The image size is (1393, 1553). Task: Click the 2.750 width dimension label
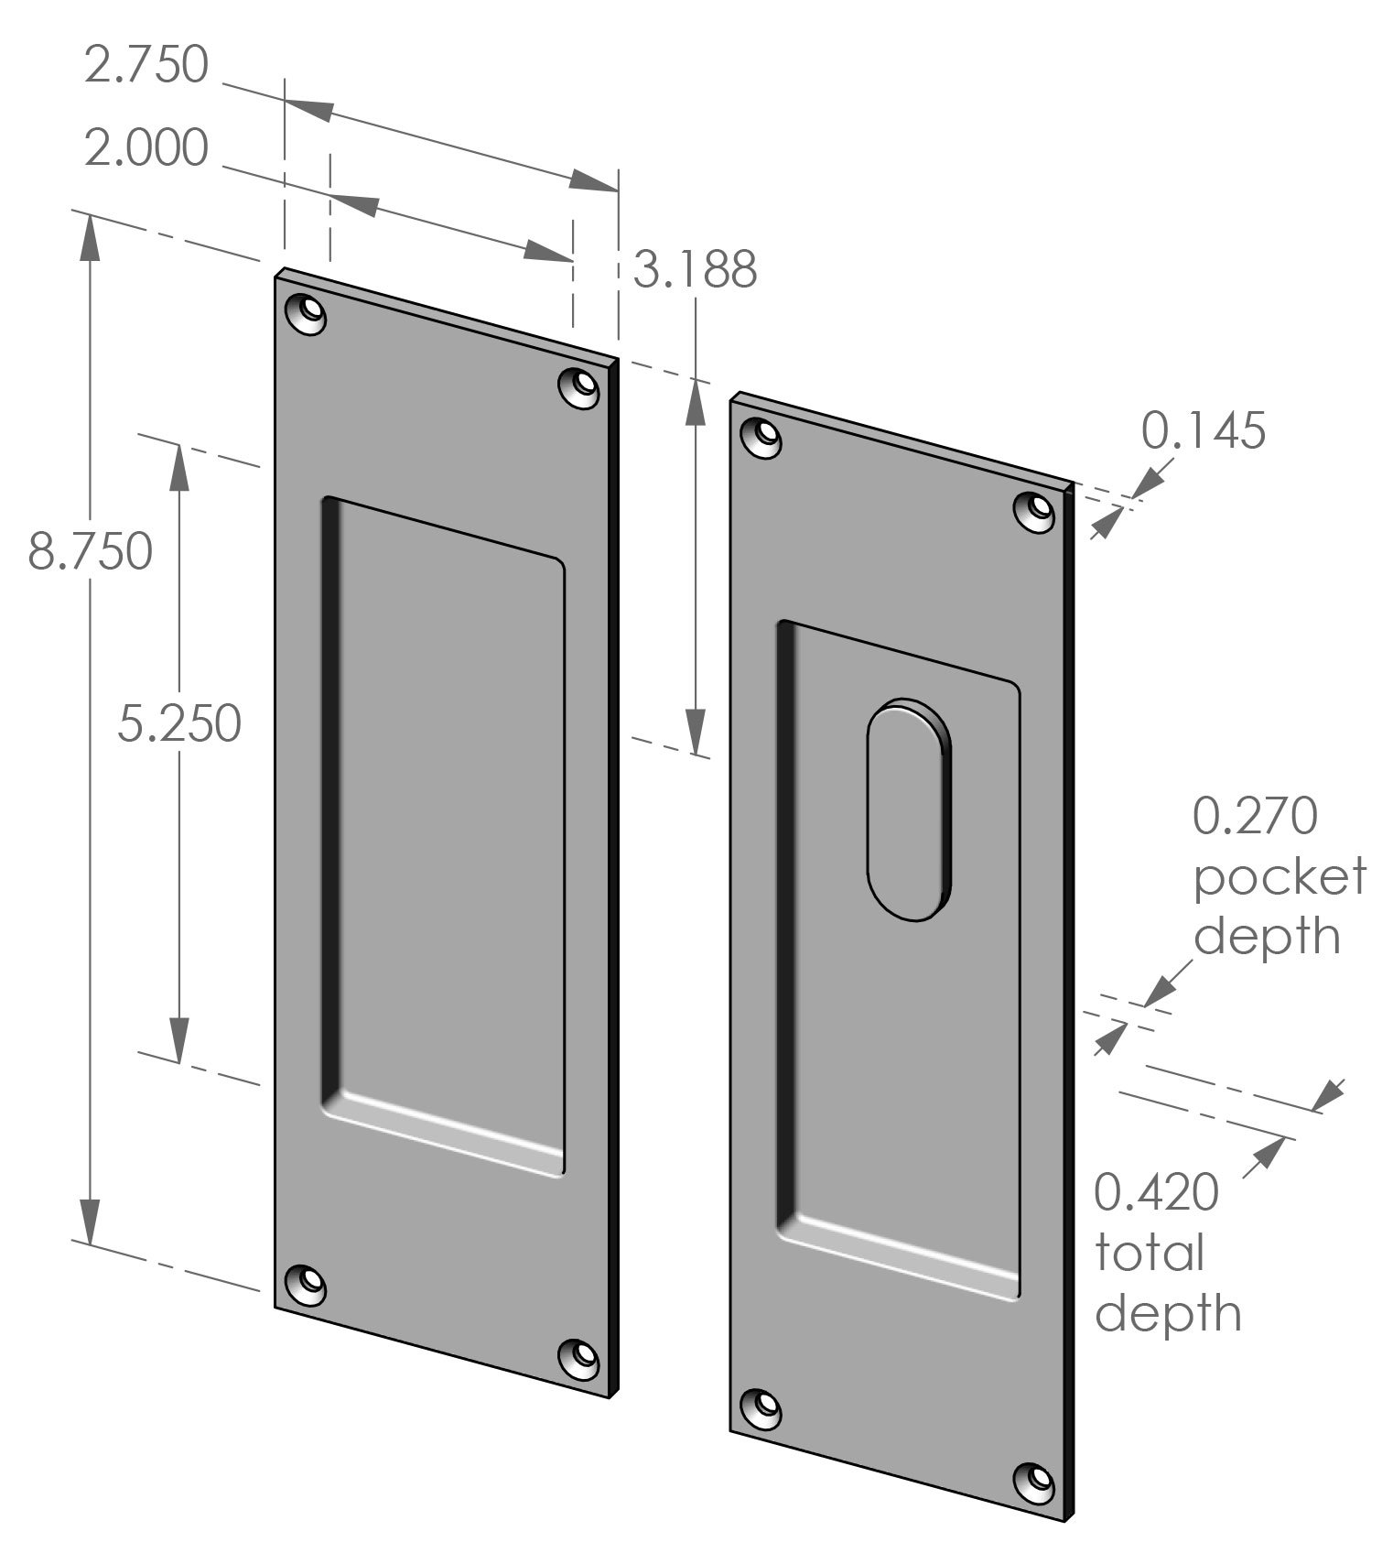point(146,65)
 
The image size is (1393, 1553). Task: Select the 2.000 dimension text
point(146,148)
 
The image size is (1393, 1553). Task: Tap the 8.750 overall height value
point(90,552)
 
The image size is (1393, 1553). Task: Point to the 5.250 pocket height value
point(179,723)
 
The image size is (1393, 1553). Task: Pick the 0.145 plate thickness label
point(1204,430)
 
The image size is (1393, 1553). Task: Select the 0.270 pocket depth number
point(1255,816)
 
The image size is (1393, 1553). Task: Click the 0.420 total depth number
point(1157,1193)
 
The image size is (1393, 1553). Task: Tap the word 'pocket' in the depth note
point(1279,876)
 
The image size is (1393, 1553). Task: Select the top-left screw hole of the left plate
point(307,314)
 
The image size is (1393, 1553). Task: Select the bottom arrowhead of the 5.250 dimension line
point(179,1040)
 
